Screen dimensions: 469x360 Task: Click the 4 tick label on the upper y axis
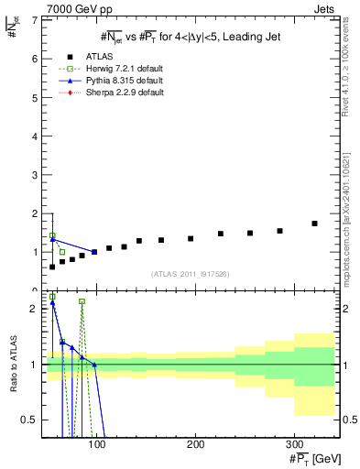tap(35, 136)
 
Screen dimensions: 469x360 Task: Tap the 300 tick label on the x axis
tap(294, 444)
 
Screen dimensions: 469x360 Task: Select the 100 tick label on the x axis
tap(96, 444)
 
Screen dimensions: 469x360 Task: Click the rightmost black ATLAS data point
tap(314, 224)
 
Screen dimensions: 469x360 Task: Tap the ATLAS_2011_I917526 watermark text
tap(188, 274)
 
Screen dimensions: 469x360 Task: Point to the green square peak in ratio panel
tap(82, 301)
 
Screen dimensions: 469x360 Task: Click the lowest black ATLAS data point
tap(52, 267)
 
